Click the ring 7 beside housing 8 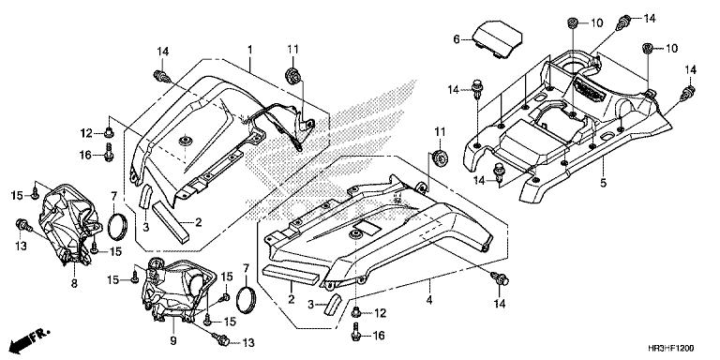pyautogui.click(x=119, y=228)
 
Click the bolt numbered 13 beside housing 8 pyautogui.click(x=21, y=224)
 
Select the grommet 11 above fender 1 pyautogui.click(x=292, y=75)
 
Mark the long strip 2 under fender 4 pyautogui.click(x=292, y=274)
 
